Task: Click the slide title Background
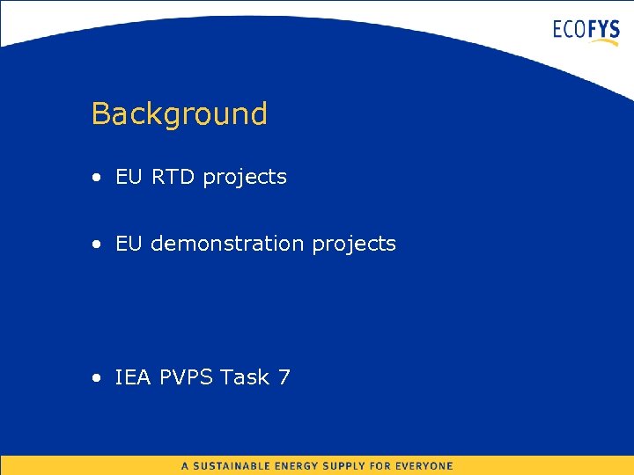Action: click(179, 113)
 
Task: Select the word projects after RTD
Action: click(245, 178)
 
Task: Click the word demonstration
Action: click(228, 243)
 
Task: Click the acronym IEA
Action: click(134, 377)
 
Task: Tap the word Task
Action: click(244, 377)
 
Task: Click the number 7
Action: click(284, 377)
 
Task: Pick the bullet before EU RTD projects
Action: click(95, 177)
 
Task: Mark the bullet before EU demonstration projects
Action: click(95, 244)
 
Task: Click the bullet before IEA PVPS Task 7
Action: click(95, 378)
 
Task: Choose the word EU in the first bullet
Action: click(129, 176)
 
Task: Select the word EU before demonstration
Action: click(129, 243)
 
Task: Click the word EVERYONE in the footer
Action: click(420, 466)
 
